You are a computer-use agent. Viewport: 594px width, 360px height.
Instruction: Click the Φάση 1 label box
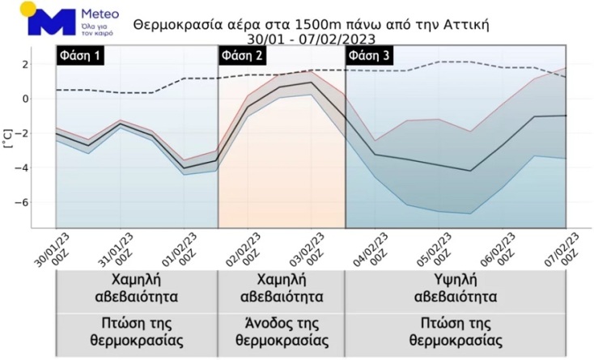[x=80, y=56]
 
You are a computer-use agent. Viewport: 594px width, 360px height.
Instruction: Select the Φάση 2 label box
[x=242, y=56]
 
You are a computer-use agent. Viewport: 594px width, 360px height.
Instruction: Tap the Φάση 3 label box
[x=369, y=56]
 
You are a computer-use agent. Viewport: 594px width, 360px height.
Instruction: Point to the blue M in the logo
[x=51, y=21]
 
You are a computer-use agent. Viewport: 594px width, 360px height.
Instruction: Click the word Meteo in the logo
[x=100, y=15]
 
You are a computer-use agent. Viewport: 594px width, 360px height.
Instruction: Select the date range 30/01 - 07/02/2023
[x=311, y=38]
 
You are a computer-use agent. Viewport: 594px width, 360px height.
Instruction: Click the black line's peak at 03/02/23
[x=312, y=83]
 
